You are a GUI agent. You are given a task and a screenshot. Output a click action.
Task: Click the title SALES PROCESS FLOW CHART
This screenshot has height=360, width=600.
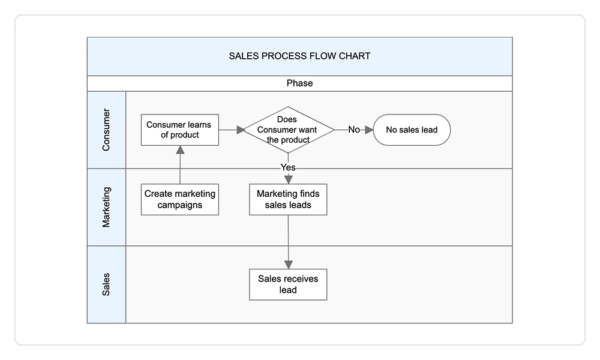(299, 56)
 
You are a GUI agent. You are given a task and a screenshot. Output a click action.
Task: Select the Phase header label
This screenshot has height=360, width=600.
(299, 83)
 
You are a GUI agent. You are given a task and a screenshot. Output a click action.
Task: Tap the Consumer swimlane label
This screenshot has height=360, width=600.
(106, 130)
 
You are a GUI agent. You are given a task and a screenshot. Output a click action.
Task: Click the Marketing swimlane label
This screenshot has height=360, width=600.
(106, 207)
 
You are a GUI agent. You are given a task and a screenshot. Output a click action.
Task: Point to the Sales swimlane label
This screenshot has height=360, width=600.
(106, 284)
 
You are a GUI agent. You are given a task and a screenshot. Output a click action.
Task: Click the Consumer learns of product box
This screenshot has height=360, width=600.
(180, 130)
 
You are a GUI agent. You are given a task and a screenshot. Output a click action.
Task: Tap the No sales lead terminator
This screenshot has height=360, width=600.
(412, 130)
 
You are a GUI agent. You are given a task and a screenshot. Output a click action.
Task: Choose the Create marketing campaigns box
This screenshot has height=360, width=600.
(180, 199)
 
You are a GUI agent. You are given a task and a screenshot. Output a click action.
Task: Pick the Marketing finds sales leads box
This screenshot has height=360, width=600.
(288, 199)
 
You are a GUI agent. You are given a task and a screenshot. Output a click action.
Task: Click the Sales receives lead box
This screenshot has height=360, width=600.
(288, 284)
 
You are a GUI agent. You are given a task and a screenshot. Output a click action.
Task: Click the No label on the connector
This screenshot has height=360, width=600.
(354, 130)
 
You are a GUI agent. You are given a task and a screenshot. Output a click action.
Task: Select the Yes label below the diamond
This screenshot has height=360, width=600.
(288, 167)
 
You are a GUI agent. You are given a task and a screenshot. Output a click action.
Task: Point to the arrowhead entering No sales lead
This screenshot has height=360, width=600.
(368, 130)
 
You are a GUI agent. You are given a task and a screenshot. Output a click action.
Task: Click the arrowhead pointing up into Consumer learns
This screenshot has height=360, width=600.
(180, 151)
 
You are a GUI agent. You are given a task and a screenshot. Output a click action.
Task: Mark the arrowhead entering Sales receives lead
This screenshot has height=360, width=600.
(288, 264)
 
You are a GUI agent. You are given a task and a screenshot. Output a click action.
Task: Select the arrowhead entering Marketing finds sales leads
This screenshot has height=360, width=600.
(288, 179)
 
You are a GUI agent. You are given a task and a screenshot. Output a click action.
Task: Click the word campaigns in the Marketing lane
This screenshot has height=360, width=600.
(180, 205)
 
